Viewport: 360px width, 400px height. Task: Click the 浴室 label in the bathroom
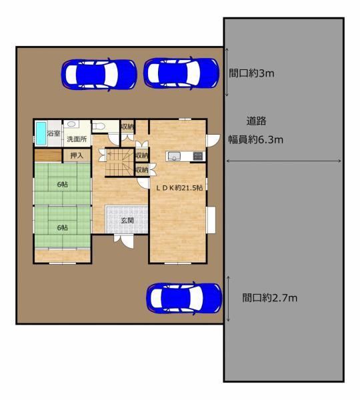point(53,133)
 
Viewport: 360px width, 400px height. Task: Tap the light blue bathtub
point(41,133)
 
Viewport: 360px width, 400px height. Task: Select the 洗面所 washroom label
point(77,139)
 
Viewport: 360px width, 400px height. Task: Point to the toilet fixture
point(98,126)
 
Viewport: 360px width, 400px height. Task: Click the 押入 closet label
point(77,155)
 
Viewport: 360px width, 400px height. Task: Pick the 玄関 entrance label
point(127,220)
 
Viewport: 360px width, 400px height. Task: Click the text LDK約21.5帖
point(179,188)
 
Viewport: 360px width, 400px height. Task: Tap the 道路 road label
point(257,121)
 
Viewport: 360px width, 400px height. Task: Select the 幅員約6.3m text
point(255,139)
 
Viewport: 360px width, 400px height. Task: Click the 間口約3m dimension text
point(251,73)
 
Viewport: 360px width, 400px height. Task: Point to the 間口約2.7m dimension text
point(270,297)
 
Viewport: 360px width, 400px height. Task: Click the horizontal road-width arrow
point(284,161)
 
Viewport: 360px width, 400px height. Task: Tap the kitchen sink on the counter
point(174,156)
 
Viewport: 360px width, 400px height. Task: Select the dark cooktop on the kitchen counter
point(199,156)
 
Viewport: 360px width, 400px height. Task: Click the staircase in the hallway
point(119,162)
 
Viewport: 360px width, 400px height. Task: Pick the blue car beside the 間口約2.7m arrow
point(184,298)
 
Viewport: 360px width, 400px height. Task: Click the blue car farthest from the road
point(99,75)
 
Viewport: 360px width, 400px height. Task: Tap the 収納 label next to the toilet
point(127,126)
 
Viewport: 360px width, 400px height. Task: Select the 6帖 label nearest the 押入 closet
point(63,184)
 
